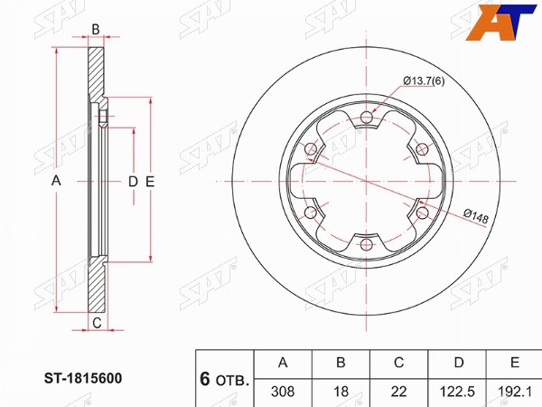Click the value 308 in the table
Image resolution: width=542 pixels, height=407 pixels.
[x=283, y=392]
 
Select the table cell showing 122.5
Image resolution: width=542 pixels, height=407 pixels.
[x=457, y=392]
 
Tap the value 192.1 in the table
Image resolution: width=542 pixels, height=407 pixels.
[x=514, y=392]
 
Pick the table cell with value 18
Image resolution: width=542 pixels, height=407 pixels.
[x=341, y=392]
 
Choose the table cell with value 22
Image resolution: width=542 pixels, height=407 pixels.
[x=398, y=392]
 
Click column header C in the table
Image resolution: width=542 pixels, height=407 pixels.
[x=399, y=363]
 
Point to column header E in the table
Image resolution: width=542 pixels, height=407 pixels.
[x=515, y=363]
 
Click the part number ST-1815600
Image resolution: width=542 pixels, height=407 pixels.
[x=83, y=378]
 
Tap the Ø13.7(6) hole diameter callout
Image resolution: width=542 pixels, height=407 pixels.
[x=424, y=81]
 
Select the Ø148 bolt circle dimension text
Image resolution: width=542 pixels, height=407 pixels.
[x=476, y=216]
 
